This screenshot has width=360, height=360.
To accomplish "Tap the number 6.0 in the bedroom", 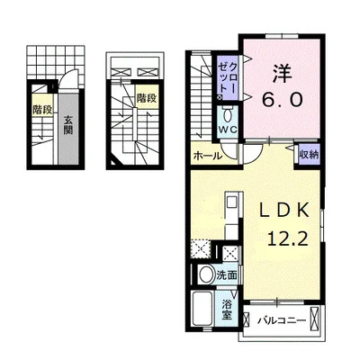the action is coord(282,99).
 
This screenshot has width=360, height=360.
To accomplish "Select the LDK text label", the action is coord(283,211).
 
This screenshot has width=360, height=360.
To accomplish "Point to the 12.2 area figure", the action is coord(288,239).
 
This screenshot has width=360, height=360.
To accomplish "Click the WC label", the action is coord(228,130).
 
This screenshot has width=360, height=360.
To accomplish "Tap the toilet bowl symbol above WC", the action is coord(227,114).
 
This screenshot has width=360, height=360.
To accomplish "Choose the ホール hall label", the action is coord(208,157).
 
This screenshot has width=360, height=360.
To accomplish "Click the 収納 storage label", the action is coord(309,155).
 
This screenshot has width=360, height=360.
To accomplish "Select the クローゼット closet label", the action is coord(228,77).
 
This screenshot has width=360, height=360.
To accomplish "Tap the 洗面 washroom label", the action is coord(227,275).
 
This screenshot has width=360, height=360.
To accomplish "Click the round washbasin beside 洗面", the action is coord(205,274).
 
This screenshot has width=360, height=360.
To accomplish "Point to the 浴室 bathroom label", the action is coord(227,310).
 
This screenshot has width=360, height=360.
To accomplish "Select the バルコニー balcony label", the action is coord(282,320).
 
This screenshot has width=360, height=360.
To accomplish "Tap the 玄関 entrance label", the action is coord(68,125).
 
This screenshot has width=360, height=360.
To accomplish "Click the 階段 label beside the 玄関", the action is coord(42,110).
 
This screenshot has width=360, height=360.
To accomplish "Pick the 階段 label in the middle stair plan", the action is coord(147,98).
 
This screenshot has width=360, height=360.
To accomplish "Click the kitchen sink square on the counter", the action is coord(231,202).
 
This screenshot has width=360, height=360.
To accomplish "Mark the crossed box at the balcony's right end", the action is coord(314,319).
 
